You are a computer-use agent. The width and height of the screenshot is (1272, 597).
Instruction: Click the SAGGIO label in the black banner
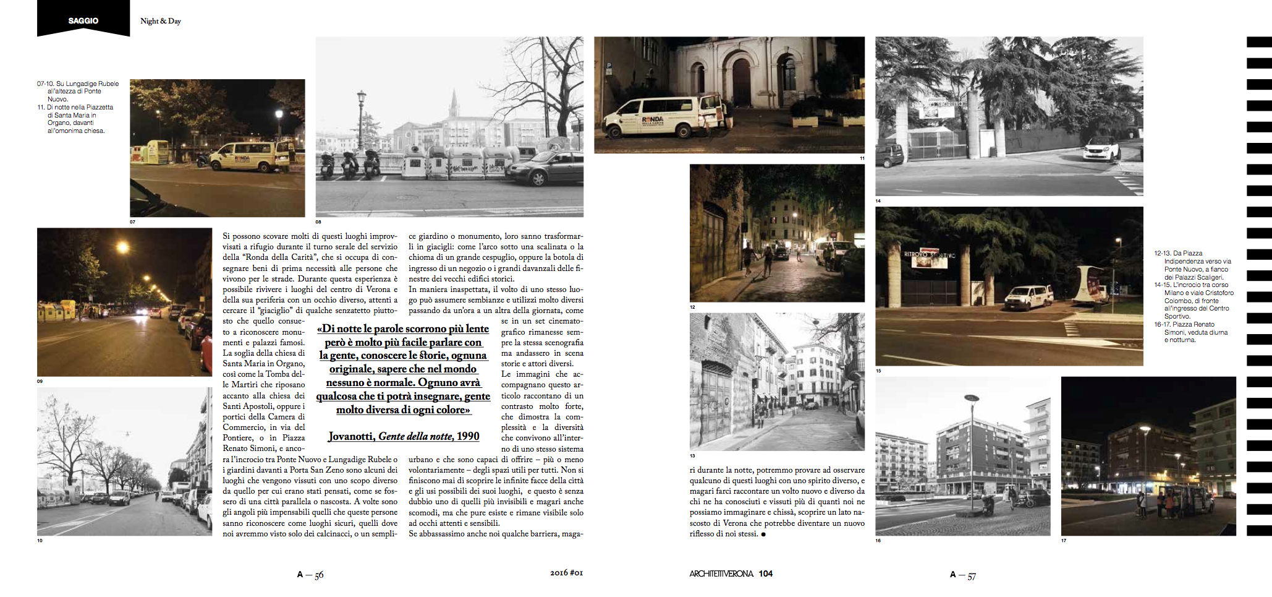coord(83,20)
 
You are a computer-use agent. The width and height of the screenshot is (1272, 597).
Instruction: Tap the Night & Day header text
coord(161,21)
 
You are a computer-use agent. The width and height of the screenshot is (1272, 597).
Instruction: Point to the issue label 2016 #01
coord(566,573)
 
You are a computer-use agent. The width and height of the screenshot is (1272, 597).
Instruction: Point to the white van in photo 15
coord(1028,297)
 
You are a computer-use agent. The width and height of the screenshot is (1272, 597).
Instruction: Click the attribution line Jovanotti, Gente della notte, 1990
coord(404,436)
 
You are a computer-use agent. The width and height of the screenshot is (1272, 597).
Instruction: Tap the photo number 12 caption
coord(692,307)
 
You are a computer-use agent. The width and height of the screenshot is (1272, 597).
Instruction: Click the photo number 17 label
coord(1064,541)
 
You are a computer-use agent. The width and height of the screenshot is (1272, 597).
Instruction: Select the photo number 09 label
coord(40,381)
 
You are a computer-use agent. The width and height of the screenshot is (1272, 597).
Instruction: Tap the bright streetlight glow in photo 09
coord(122,248)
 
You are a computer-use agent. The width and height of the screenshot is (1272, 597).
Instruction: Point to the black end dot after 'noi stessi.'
coord(763,534)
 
